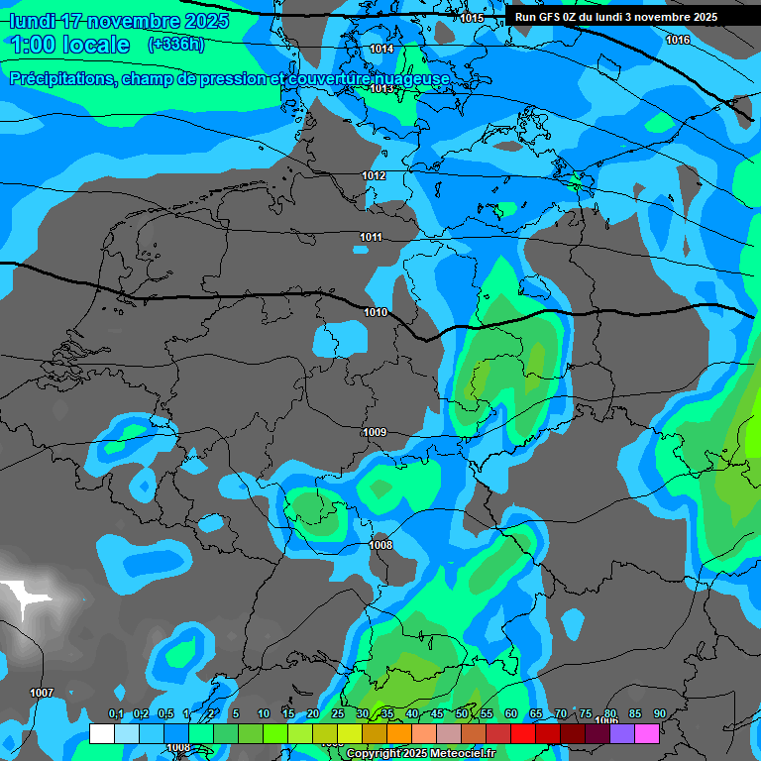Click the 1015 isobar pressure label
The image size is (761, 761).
(472, 18)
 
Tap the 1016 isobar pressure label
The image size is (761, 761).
(678, 40)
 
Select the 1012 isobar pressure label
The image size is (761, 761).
(374, 175)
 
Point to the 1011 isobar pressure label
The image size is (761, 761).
(371, 237)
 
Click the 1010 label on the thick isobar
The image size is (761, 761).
(376, 312)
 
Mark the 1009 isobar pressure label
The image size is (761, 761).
(375, 432)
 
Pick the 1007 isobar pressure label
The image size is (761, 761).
(42, 693)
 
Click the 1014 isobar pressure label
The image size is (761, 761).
(381, 49)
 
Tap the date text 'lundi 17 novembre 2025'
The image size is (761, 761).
(119, 21)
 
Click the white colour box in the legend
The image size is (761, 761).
(101, 733)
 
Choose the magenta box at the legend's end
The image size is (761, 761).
(647, 733)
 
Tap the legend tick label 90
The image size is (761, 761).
(659, 713)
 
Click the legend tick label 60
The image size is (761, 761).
(510, 713)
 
